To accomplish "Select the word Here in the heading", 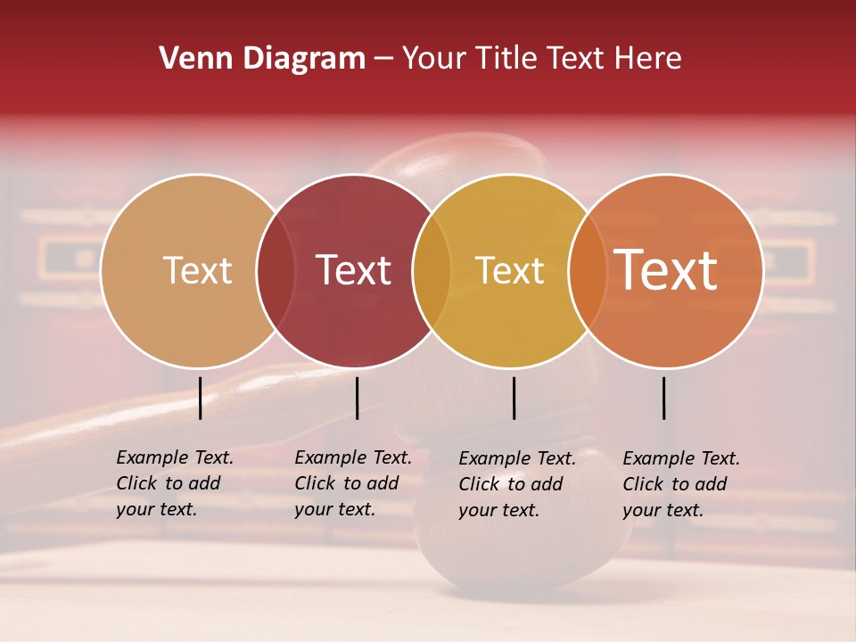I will (650, 59).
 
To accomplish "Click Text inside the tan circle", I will (197, 270).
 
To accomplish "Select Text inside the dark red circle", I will (353, 270).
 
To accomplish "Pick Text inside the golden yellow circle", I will (509, 270).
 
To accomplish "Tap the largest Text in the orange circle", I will (665, 270).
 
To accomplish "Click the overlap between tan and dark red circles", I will (276, 270).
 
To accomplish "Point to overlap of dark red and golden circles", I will (432, 270).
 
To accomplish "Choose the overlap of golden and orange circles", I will (587, 270).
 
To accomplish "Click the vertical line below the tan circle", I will (200, 398).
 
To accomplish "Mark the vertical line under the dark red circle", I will (357, 398).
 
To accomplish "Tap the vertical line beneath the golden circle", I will (514, 398).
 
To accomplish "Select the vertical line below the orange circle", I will (663, 398).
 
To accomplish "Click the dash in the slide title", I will (383, 59).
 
